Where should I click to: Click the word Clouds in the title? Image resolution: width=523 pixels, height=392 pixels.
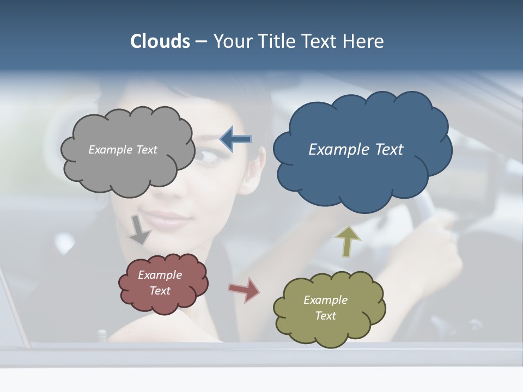[160, 41]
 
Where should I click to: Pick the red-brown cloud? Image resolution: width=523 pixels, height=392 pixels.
[163, 302]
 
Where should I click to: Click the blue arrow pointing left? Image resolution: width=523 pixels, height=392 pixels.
[236, 139]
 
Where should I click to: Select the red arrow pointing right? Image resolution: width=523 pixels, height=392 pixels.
[244, 290]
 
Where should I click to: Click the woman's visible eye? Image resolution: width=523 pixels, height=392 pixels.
[206, 156]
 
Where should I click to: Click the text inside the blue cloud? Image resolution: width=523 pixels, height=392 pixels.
[356, 150]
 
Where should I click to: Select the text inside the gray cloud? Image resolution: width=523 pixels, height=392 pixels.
[123, 150]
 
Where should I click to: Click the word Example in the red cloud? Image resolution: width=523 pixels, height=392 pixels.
[160, 275]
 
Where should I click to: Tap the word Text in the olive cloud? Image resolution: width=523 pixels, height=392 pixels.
[325, 316]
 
